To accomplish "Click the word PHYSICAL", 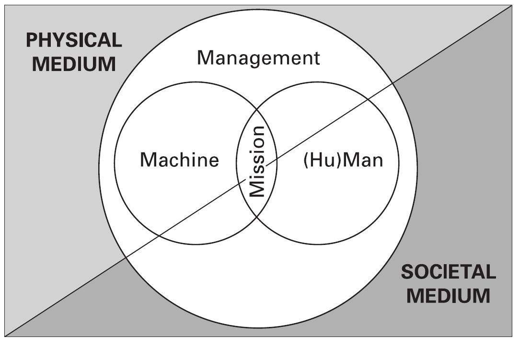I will pos(74,40).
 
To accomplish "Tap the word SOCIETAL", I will pos(448,272).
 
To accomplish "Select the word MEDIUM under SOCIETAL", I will pos(448,296).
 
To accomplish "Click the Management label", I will pos(258,58).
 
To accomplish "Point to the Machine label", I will pos(179,160).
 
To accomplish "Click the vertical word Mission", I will pos(257,162).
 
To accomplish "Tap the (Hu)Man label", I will pos(344,160).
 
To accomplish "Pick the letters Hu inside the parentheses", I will pos(317,160).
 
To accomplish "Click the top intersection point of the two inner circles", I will pos(257,108).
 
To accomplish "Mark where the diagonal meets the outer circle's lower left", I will pos(126,257).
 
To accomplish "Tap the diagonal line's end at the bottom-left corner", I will pos(6,336).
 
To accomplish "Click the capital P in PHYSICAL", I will pos(31,40).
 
